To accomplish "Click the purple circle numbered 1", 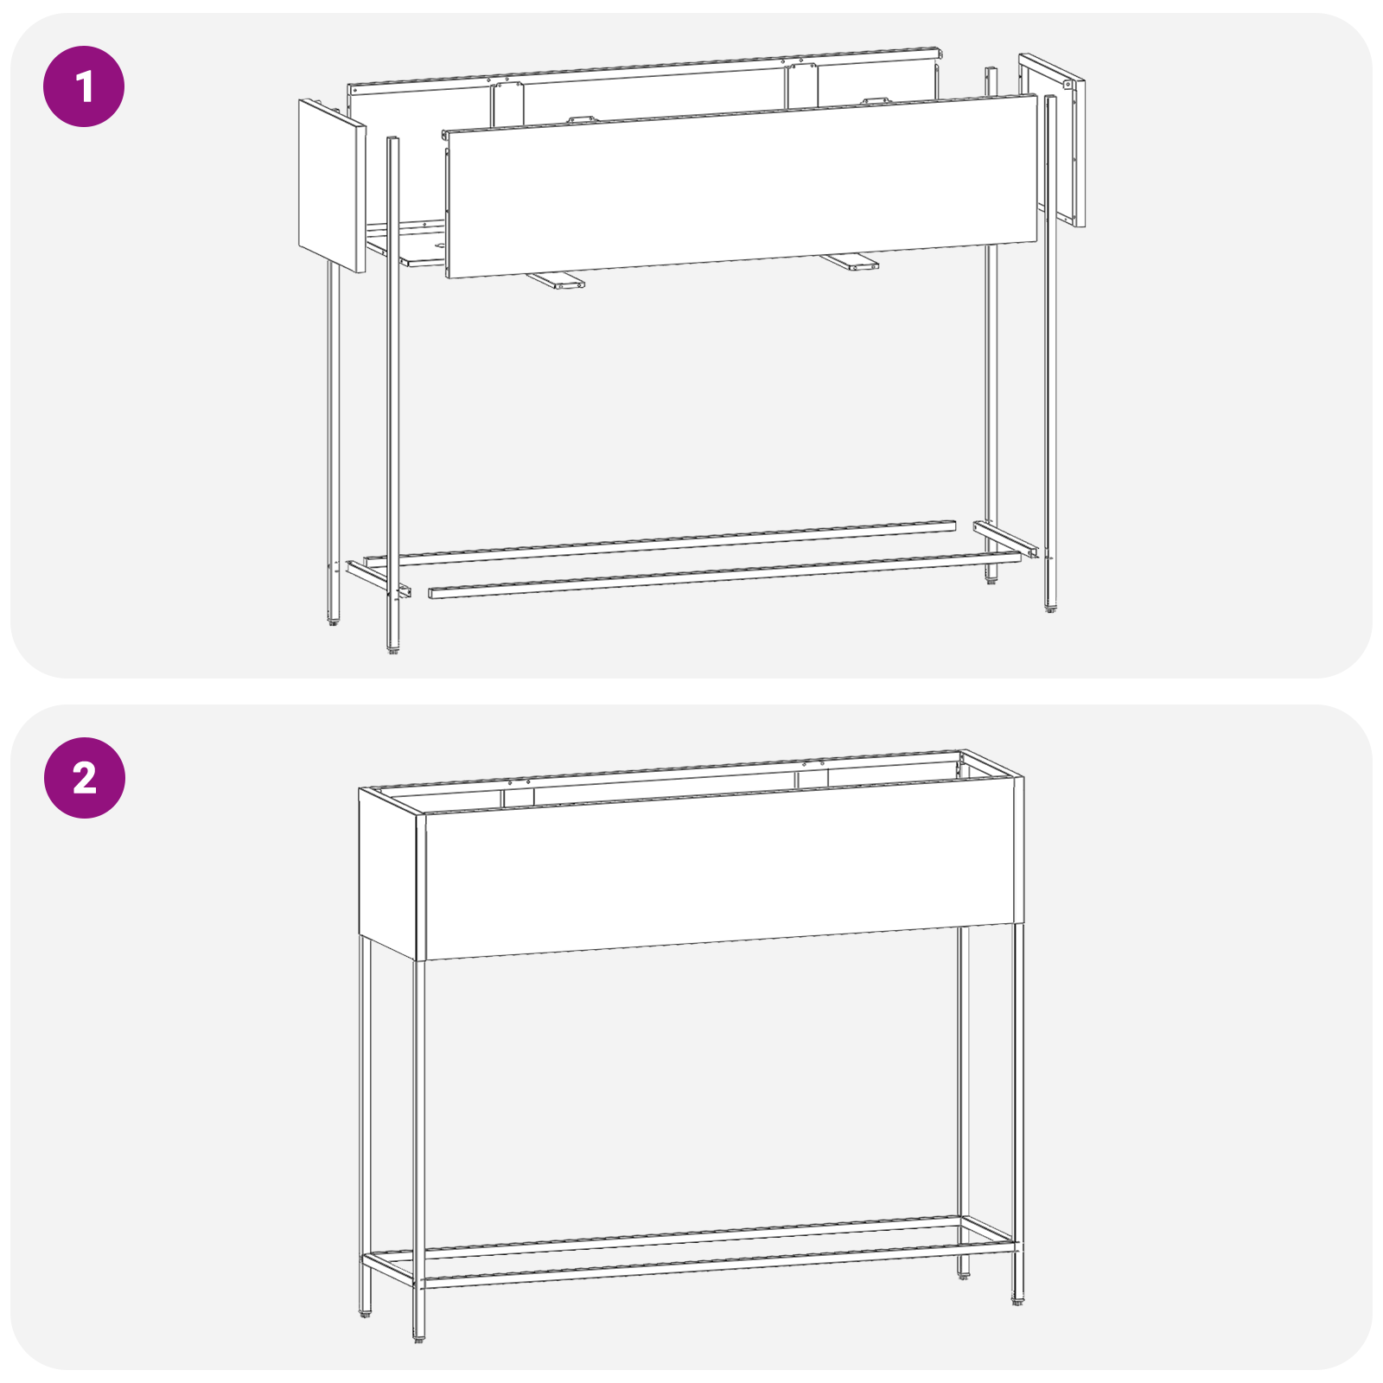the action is [84, 86].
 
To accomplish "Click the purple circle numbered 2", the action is [84, 778].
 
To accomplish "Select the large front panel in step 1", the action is [741, 187].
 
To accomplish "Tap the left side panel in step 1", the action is [332, 186].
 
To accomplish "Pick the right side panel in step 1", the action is [1052, 138].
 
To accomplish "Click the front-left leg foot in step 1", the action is [393, 649].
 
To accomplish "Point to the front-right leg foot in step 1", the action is [1050, 608].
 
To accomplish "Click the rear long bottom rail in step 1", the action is [660, 544].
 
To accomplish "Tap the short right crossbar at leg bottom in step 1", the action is [1005, 539].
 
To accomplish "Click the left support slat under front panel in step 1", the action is [556, 280].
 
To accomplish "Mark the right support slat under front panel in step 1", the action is [849, 261].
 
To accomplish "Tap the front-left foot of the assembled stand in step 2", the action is [419, 1338].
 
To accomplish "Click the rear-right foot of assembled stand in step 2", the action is [963, 1276].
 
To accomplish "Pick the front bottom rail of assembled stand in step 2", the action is [717, 1266].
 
